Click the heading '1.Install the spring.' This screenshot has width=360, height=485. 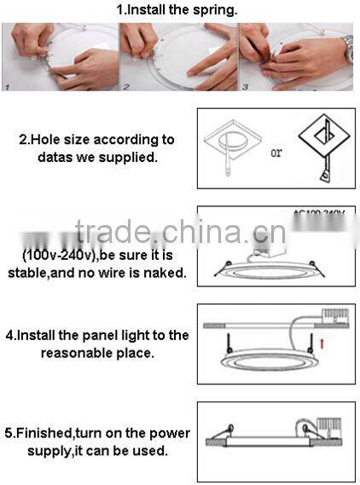pos(177,10)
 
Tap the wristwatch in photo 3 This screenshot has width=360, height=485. pos(348,49)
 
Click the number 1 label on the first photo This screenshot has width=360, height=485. pos(7,85)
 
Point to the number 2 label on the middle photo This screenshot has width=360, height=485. pos(125,85)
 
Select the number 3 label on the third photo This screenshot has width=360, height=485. pos(245,85)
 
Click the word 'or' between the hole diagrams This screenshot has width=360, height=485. pos(276,153)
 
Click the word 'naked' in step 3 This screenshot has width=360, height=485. pos(165,273)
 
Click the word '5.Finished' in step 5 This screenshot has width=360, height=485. pos(39,433)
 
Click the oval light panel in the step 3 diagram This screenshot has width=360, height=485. pos(274,273)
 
